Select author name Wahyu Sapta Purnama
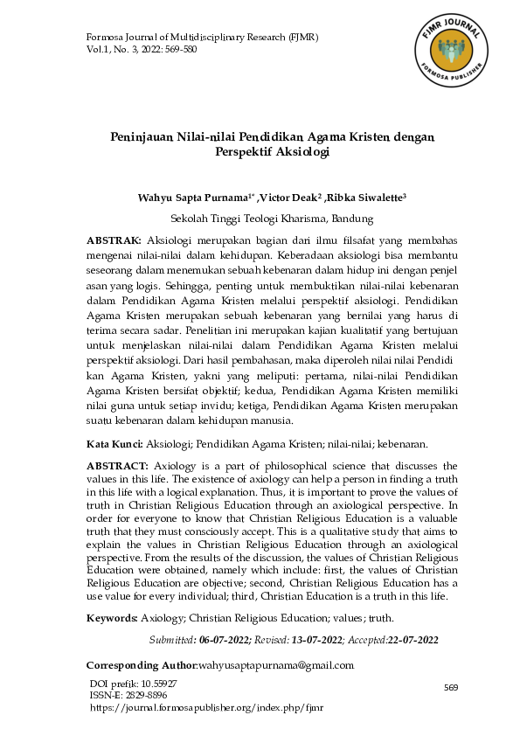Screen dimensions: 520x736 (x=187, y=198)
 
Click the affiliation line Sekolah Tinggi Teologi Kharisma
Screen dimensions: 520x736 (x=272, y=219)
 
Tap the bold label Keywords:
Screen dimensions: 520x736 (x=113, y=618)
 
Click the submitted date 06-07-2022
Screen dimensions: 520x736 (x=225, y=641)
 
